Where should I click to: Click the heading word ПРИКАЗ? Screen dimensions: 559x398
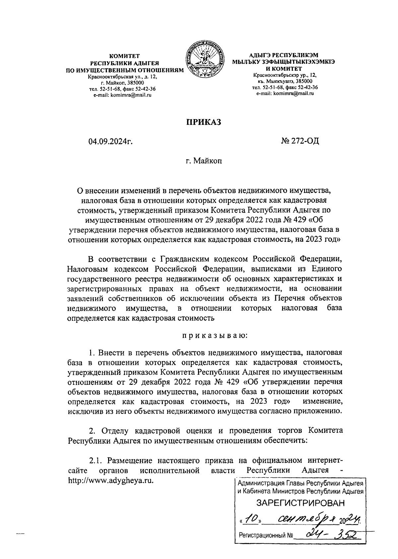coord(203,122)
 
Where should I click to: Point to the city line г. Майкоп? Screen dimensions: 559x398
coord(203,162)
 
